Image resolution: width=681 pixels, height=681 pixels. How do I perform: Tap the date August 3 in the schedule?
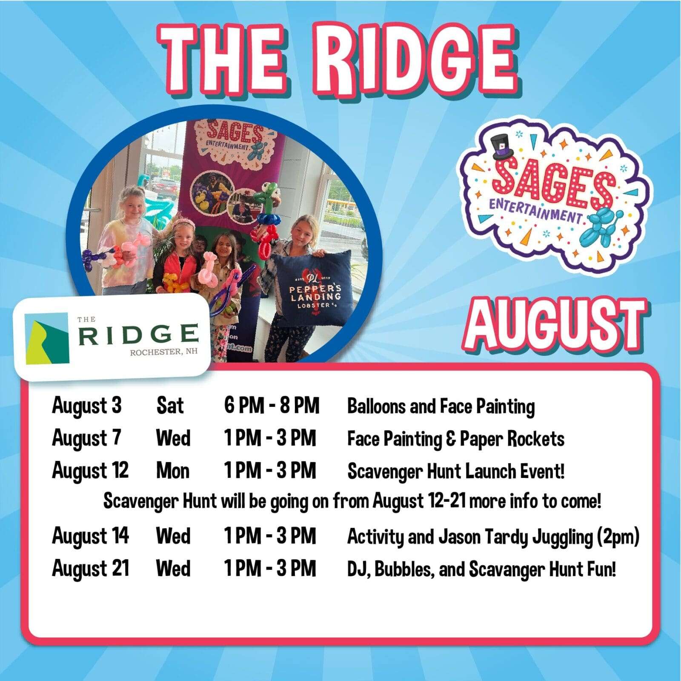click(87, 406)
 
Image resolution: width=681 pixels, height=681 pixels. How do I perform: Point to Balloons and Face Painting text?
click(441, 406)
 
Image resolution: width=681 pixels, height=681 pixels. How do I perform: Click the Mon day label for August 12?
click(173, 471)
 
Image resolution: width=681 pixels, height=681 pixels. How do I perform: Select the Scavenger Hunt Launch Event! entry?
click(456, 472)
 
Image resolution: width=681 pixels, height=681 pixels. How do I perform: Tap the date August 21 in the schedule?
click(90, 569)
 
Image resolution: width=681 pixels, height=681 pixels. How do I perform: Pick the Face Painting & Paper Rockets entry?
click(456, 439)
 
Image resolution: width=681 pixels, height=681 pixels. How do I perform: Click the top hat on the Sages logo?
click(507, 147)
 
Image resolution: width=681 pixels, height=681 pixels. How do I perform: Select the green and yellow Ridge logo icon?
click(47, 339)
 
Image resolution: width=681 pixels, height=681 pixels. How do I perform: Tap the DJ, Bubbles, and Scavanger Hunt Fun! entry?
click(482, 569)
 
